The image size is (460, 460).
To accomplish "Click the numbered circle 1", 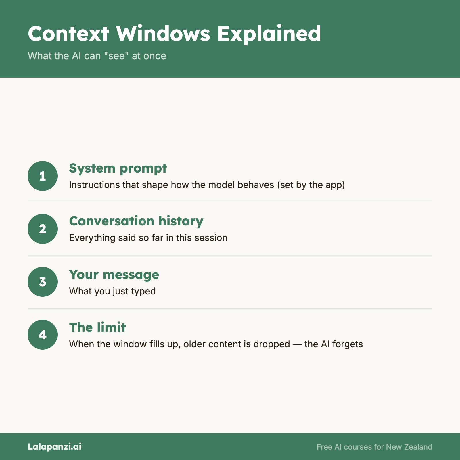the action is click(x=43, y=176).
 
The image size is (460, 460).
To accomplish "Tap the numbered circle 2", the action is click(x=43, y=229).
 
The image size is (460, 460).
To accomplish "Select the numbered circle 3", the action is click(x=43, y=282).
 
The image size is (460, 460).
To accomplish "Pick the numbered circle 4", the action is click(x=43, y=335).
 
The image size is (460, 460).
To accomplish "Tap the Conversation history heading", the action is click(x=136, y=221).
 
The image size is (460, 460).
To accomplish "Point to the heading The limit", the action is click(x=97, y=327).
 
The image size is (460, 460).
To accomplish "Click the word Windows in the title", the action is click(x=163, y=34).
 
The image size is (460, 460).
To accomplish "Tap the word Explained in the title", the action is click(x=269, y=34).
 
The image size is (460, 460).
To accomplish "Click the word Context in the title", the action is click(x=68, y=34).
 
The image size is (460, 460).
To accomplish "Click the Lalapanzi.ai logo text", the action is click(x=55, y=447).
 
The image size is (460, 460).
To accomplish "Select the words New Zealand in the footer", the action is click(x=409, y=447).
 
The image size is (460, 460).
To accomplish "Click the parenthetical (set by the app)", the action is click(x=311, y=185).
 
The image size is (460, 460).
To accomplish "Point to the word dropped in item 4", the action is click(x=272, y=344).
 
